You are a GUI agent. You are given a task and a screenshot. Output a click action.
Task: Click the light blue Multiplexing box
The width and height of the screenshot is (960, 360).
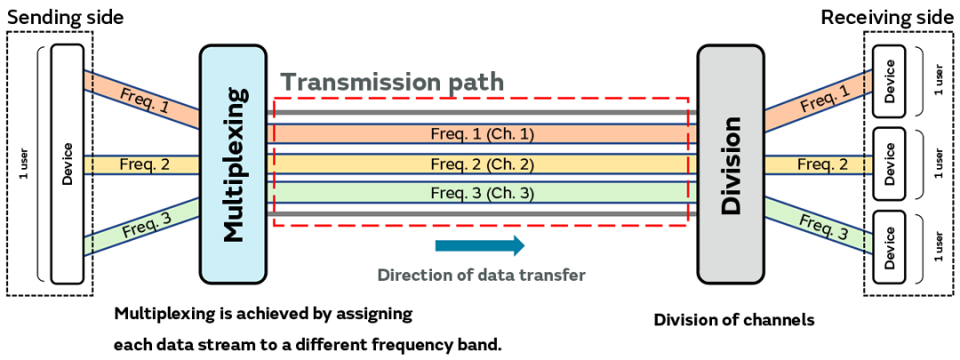tap(233, 164)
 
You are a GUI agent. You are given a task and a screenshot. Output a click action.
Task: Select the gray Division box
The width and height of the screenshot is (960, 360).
tap(731, 164)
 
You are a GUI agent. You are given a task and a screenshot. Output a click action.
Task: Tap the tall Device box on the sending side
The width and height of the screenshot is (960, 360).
tap(67, 164)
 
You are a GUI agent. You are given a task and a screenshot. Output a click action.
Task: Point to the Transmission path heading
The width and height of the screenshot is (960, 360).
tap(393, 83)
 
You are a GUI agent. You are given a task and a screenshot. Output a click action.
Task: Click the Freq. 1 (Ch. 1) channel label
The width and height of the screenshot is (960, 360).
tap(482, 134)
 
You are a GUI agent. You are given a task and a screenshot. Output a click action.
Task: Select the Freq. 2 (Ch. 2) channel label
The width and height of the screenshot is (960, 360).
tap(482, 164)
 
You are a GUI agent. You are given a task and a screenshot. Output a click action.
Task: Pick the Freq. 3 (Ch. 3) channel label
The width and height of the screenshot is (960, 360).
tap(482, 192)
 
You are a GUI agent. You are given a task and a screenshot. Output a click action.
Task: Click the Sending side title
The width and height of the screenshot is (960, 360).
tap(65, 17)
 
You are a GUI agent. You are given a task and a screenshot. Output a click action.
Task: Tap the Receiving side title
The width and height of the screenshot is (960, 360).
tap(889, 17)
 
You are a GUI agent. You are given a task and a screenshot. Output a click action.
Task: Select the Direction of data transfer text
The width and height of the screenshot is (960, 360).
tap(481, 275)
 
